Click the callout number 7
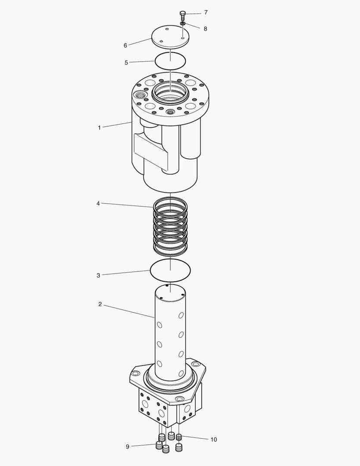tap(206, 13)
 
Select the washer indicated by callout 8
tap(183, 23)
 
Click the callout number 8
tap(205, 29)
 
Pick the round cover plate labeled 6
tap(170, 37)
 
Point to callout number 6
tap(125, 45)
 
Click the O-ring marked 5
tap(170, 60)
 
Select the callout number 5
tap(126, 63)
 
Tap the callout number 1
tap(99, 128)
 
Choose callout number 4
tap(98, 203)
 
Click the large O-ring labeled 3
tap(170, 270)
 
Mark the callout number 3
tap(98, 275)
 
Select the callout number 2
tap(100, 304)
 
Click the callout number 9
tap(128, 447)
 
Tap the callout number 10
tap(213, 440)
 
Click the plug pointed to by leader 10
tap(179, 437)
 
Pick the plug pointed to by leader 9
tap(159, 445)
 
